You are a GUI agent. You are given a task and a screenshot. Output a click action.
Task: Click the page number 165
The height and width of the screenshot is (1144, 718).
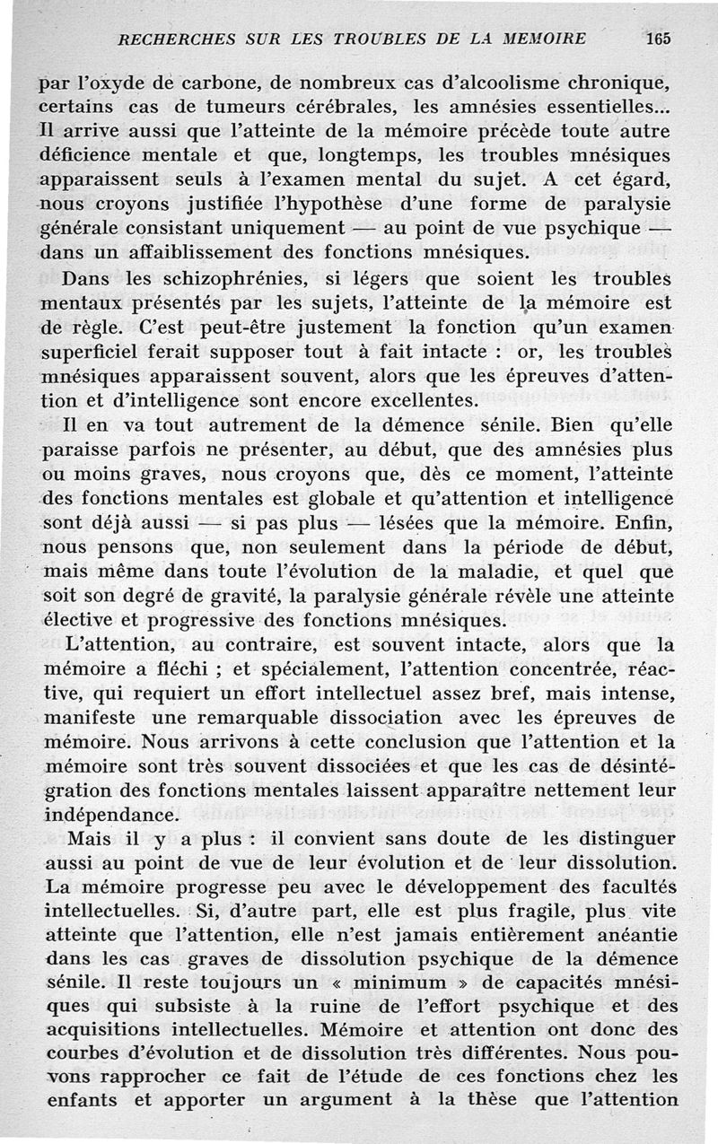coord(658,39)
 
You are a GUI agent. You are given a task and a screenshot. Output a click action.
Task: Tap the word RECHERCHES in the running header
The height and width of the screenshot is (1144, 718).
coord(171,39)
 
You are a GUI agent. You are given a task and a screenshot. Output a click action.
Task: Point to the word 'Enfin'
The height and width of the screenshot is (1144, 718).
coord(643,520)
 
